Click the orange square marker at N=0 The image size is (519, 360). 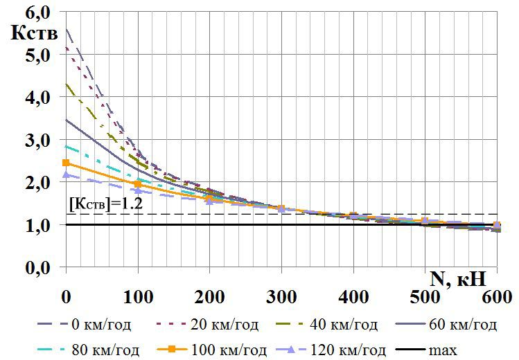point(67,163)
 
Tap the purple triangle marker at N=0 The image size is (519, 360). point(67,175)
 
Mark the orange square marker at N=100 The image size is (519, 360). point(138,184)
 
